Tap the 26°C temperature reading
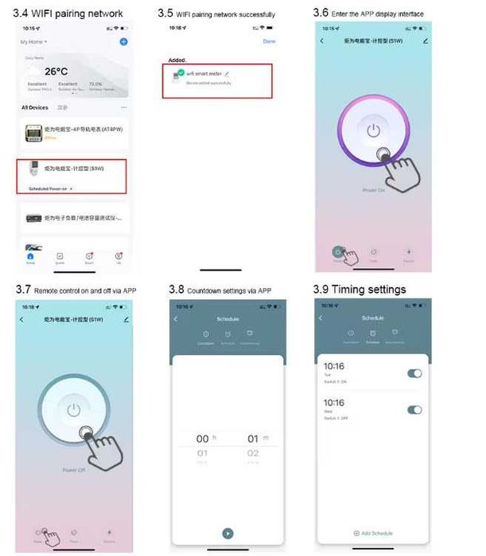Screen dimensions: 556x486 pos(56,71)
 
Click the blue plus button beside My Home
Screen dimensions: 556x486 pos(123,41)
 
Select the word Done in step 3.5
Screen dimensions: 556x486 pos(269,41)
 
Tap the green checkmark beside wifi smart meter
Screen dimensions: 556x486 pos(181,72)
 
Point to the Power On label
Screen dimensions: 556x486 pos(373,191)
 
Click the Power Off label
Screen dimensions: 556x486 pos(73,470)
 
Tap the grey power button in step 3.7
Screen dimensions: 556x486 pos(74,410)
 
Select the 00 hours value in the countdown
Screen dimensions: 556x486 pos(203,438)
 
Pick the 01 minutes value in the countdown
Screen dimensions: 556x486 pos(253,438)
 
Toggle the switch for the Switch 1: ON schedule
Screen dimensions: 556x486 pos(414,373)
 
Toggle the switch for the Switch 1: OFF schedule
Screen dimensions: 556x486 pos(414,410)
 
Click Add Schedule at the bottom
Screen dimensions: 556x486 pos(373,533)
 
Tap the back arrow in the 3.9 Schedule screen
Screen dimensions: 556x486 pos(321,318)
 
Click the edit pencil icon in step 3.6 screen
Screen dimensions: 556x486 pos(426,41)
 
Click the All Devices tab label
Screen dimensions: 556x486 pos(35,107)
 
